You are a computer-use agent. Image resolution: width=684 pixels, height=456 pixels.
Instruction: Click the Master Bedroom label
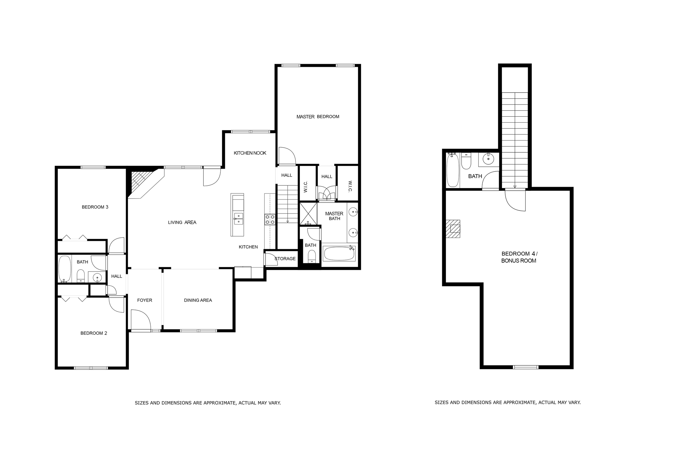[x=318, y=117]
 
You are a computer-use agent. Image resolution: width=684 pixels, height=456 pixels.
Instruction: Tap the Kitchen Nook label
[x=250, y=153]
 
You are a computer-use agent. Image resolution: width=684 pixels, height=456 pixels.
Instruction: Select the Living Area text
[x=182, y=222]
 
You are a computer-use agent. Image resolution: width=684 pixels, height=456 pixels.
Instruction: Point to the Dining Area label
[x=198, y=300]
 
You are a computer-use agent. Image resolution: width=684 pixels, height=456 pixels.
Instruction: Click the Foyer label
[x=145, y=300]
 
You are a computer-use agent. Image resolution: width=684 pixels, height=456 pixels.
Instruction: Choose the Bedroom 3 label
[x=95, y=207]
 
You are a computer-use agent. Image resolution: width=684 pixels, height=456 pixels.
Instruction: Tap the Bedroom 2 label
[x=94, y=333]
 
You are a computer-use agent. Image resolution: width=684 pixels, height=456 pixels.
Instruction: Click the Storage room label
[x=285, y=259]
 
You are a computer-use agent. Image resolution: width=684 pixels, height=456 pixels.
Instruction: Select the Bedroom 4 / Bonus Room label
[x=519, y=257]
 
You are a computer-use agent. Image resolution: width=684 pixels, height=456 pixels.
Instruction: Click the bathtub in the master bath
[x=339, y=254]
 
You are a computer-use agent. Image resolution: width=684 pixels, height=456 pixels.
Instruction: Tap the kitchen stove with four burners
[x=270, y=219]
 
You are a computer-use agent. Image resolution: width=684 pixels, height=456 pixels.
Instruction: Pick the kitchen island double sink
[x=238, y=218]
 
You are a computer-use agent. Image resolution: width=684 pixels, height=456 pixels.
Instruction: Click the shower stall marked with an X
[x=308, y=213]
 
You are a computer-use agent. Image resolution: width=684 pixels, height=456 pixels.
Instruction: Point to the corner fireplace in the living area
[x=142, y=182]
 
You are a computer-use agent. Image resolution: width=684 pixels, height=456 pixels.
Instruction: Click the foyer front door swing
[x=141, y=320]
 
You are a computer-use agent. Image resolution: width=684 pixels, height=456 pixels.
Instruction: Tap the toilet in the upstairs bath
[x=466, y=161]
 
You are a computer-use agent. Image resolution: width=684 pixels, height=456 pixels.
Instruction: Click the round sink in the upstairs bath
[x=489, y=159]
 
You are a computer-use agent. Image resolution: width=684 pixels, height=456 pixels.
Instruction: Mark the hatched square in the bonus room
[x=453, y=229]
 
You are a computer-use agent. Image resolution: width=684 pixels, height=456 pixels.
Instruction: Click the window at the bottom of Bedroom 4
[x=525, y=367]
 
